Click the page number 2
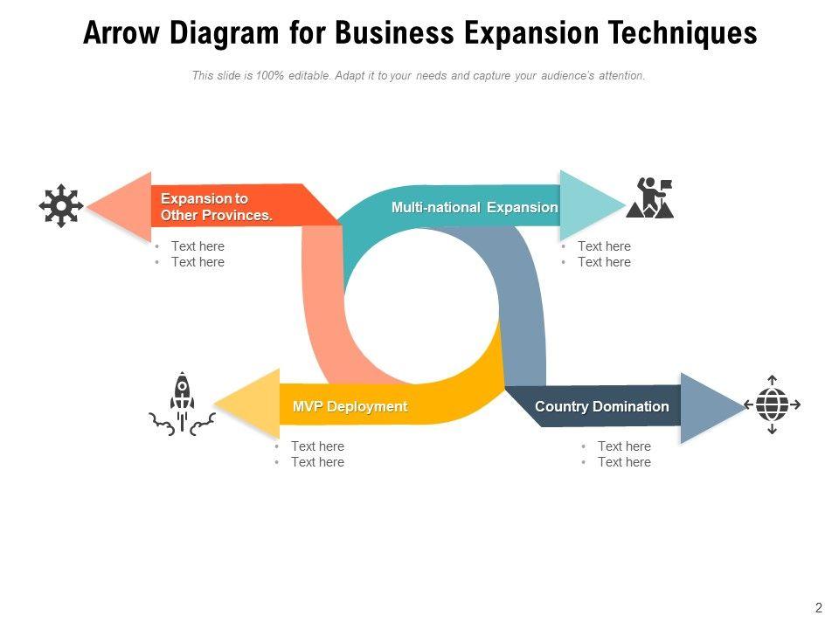coord(819,608)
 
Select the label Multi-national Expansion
coord(474,208)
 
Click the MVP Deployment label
coord(350,406)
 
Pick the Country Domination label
coord(601,406)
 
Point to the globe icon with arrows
coord(772,404)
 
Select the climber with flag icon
coord(652,198)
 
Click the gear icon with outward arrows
coord(61,206)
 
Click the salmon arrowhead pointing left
coord(122,207)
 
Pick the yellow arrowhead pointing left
coord(248,404)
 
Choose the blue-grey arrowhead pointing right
coord(709,406)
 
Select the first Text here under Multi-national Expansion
coord(604,246)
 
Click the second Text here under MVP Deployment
coord(317,462)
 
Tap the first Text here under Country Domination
coord(624,446)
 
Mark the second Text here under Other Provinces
coord(198,262)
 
